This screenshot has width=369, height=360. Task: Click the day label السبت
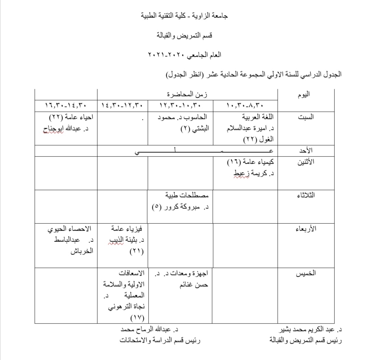pos(306,117)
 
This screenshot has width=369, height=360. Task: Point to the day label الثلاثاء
pos(306,195)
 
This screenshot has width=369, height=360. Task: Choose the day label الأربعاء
pos(306,229)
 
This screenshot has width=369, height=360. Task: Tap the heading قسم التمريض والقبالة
pos(184,35)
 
